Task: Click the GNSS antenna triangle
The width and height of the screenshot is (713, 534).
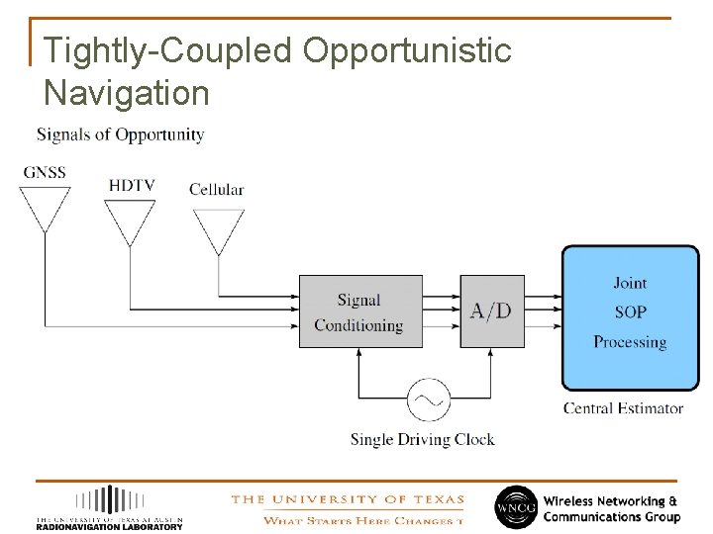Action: pyautogui.click(x=45, y=206)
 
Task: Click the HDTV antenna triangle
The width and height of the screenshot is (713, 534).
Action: pyautogui.click(x=130, y=220)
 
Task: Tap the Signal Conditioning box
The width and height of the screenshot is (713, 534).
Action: pyautogui.click(x=360, y=311)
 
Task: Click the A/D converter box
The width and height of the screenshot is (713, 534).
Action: pyautogui.click(x=492, y=311)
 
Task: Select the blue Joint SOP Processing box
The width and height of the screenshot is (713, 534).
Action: pyautogui.click(x=630, y=317)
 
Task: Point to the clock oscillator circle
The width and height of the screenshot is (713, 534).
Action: pyautogui.click(x=428, y=400)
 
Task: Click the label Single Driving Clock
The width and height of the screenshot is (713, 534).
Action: pyautogui.click(x=422, y=440)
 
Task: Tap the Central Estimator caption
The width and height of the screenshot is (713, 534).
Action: pyautogui.click(x=623, y=408)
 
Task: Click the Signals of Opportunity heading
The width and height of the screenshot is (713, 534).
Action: pyautogui.click(x=120, y=134)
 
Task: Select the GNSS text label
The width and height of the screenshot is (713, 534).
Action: pyautogui.click(x=45, y=172)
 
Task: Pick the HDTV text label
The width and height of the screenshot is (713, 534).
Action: pyautogui.click(x=132, y=185)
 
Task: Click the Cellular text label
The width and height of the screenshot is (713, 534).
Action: pyautogui.click(x=216, y=189)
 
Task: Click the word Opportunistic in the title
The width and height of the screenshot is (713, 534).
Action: pyautogui.click(x=407, y=50)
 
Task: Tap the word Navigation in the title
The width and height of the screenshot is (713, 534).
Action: pyautogui.click(x=127, y=93)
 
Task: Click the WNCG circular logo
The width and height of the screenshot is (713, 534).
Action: pyautogui.click(x=515, y=505)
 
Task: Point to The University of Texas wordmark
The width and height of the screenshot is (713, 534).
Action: pyautogui.click(x=347, y=499)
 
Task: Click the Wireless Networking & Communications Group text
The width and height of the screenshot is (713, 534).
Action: pyautogui.click(x=611, y=508)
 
